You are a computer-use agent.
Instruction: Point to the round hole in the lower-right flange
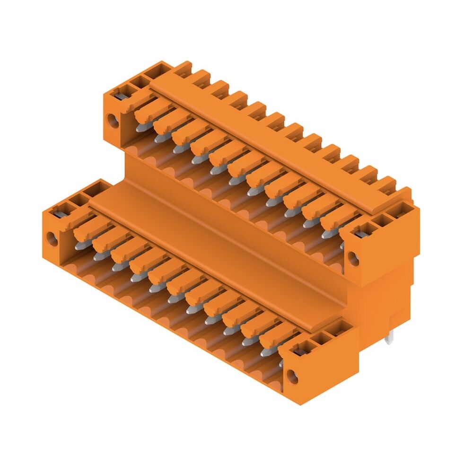coord(293,377)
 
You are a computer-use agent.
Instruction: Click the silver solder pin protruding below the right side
coord(389,339)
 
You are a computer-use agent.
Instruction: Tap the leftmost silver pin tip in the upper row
coord(140,127)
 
